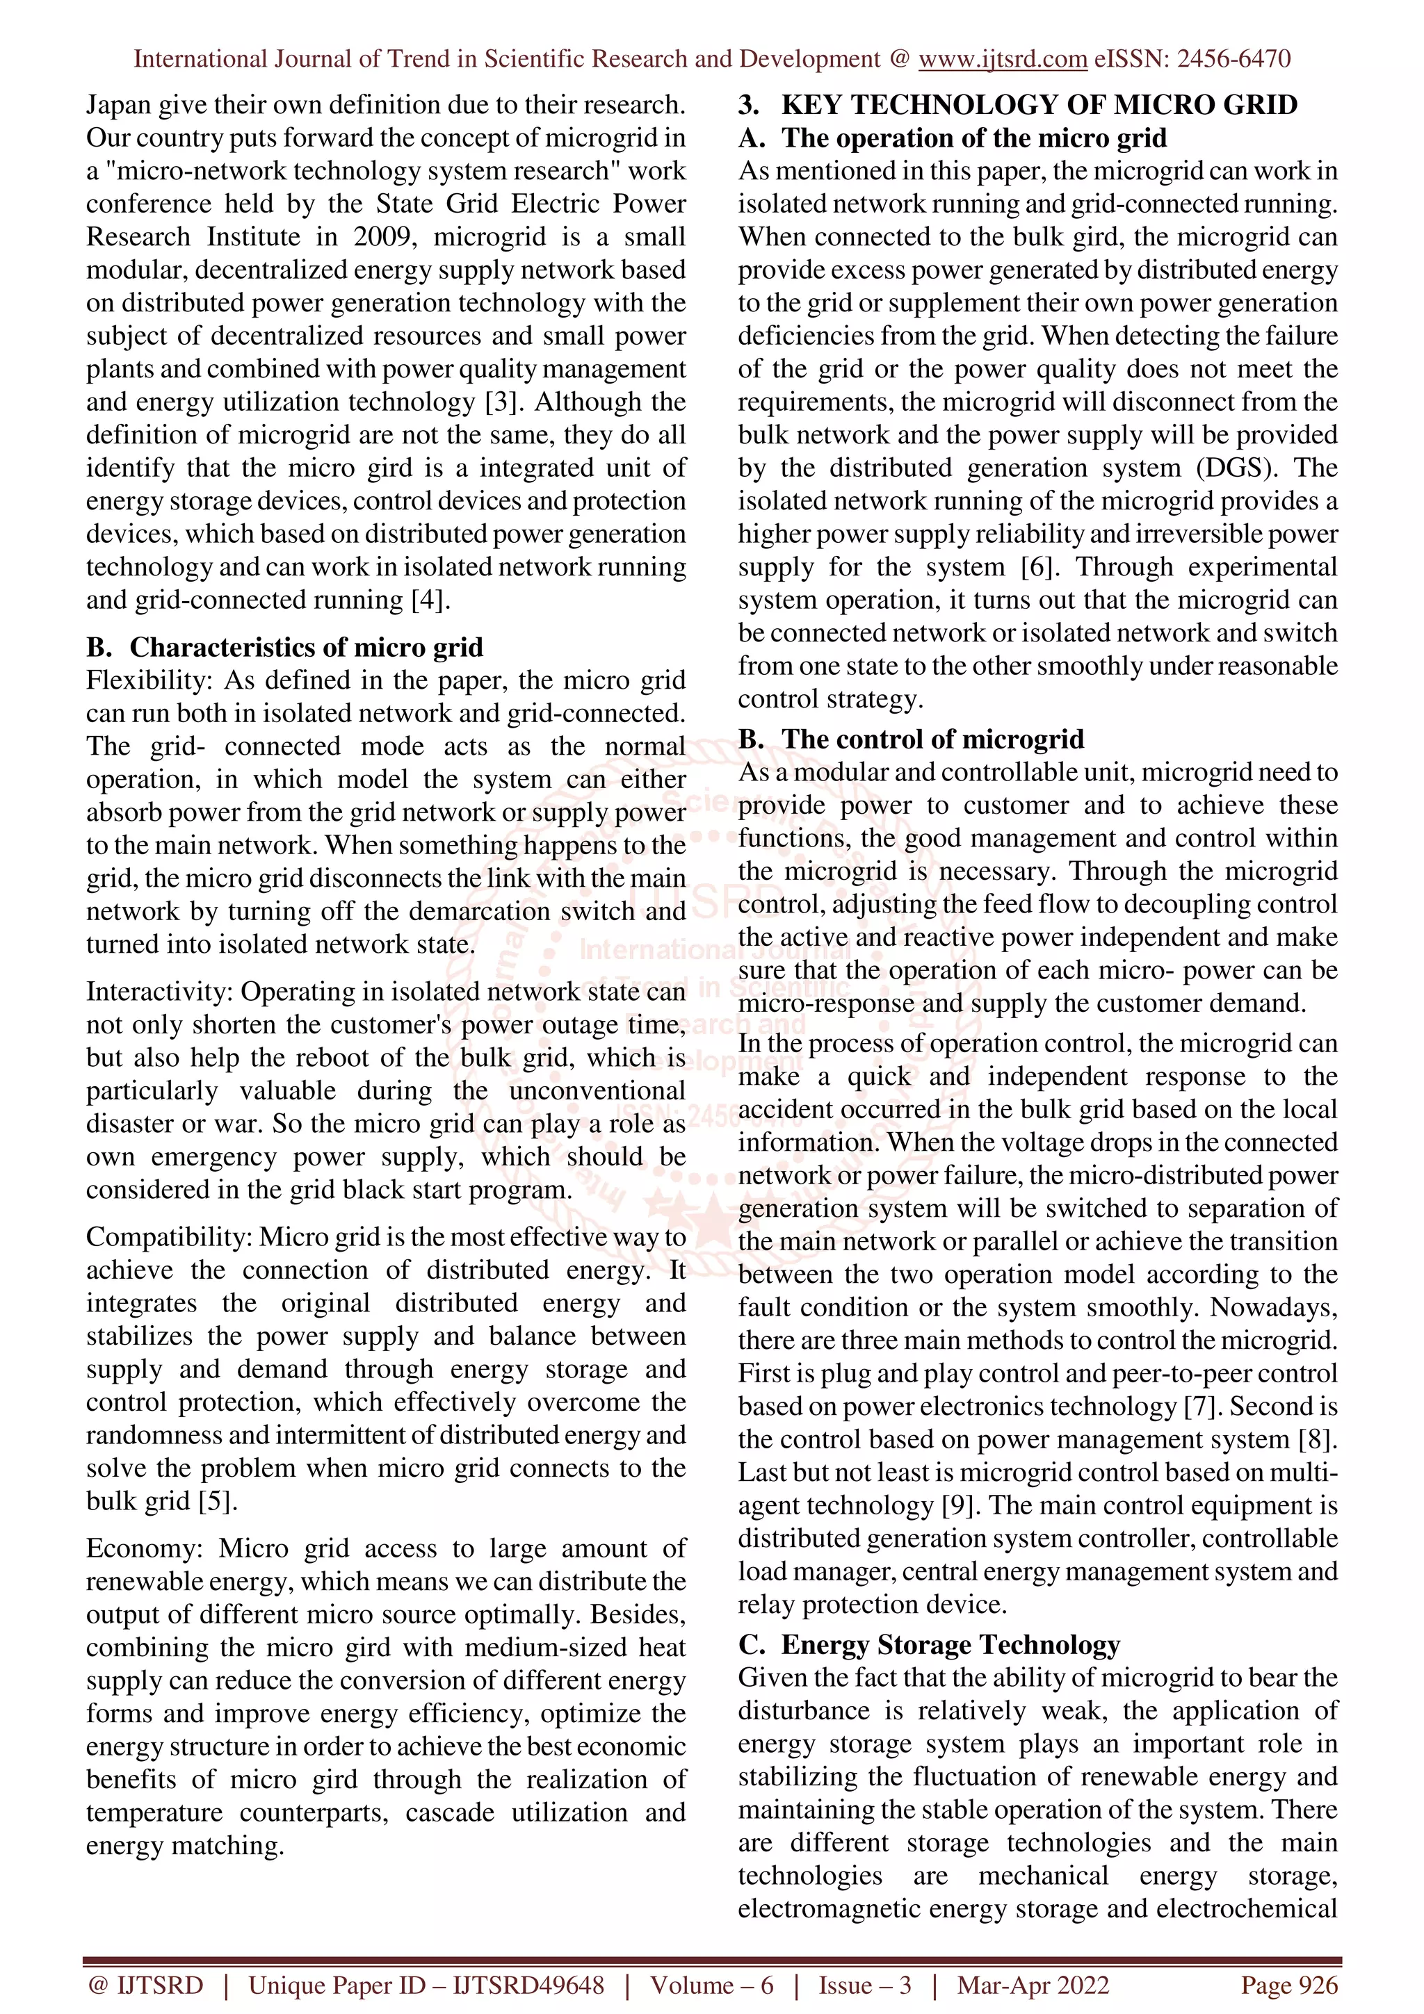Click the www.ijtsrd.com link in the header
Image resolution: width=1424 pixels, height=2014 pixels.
tap(1003, 59)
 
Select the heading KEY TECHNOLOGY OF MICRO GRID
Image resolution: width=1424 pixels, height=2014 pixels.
tap(1039, 104)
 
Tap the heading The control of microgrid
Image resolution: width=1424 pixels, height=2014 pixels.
tap(932, 739)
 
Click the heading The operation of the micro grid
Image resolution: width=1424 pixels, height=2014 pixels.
tap(974, 138)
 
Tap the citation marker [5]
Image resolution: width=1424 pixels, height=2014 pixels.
tap(218, 1501)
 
